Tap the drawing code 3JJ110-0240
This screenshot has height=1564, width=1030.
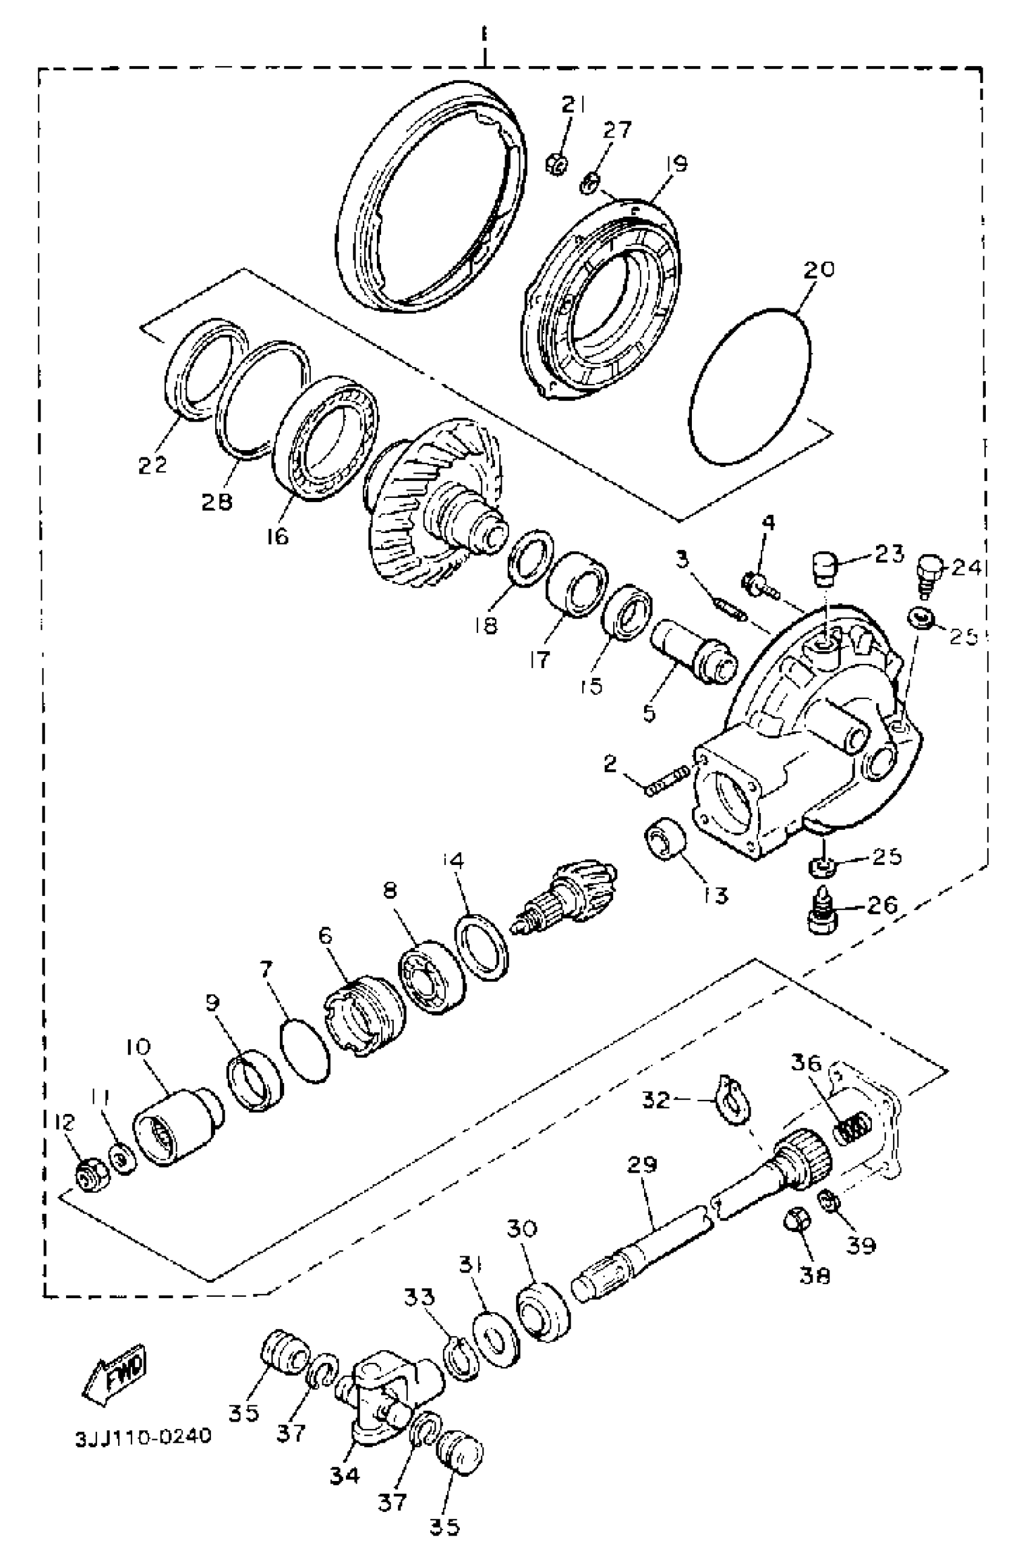tap(144, 1437)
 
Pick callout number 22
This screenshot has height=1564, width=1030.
tap(153, 464)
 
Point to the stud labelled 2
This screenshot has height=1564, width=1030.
tap(666, 780)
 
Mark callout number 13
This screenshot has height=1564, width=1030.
tap(715, 895)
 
